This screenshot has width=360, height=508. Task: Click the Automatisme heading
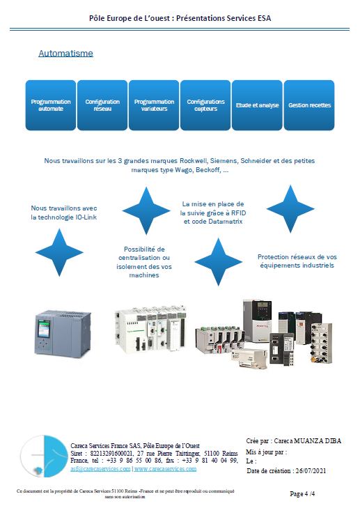pyautogui.click(x=65, y=54)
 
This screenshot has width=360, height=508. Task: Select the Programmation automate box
pyautogui.click(x=51, y=105)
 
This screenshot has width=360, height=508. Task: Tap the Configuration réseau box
pyautogui.click(x=102, y=105)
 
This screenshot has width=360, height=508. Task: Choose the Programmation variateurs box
pyautogui.click(x=154, y=105)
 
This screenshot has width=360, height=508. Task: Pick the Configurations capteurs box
pyautogui.click(x=205, y=105)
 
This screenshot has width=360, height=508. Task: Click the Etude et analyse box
pyautogui.click(x=257, y=105)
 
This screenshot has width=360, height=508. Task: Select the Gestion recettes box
pyautogui.click(x=309, y=105)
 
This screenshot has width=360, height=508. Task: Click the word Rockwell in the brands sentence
pyautogui.click(x=194, y=161)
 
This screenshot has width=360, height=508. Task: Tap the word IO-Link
pyautogui.click(x=86, y=217)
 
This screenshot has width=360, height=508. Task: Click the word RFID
pyautogui.click(x=239, y=213)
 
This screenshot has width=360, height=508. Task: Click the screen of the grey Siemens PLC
pyautogui.click(x=44, y=329)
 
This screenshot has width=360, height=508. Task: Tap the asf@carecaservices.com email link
pyautogui.click(x=100, y=469)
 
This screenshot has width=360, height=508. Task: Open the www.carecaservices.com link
pyautogui.click(x=166, y=469)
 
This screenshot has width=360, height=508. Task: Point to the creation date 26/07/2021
pyautogui.click(x=311, y=471)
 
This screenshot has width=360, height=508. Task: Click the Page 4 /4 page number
pyautogui.click(x=302, y=494)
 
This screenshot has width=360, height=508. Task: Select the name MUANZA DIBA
pyautogui.click(x=318, y=441)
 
